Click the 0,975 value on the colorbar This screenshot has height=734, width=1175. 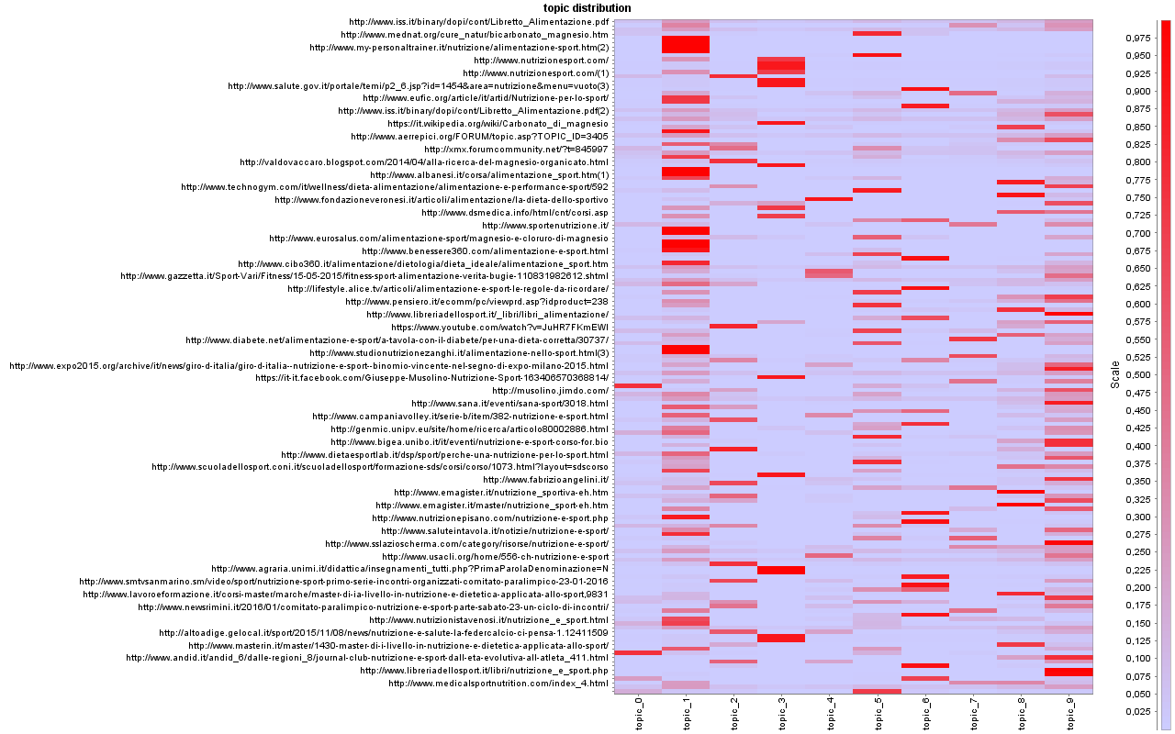1139,38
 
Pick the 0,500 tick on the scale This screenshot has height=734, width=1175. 1139,374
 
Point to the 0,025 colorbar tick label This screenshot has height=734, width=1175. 1139,712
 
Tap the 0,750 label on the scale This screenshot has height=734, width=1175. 1139,197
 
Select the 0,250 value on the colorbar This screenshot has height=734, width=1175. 1139,552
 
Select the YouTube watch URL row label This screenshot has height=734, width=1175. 499,328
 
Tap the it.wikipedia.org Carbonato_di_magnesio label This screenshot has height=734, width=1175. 497,124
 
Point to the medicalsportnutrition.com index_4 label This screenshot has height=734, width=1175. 498,684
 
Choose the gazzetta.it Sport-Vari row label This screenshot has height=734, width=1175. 364,276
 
